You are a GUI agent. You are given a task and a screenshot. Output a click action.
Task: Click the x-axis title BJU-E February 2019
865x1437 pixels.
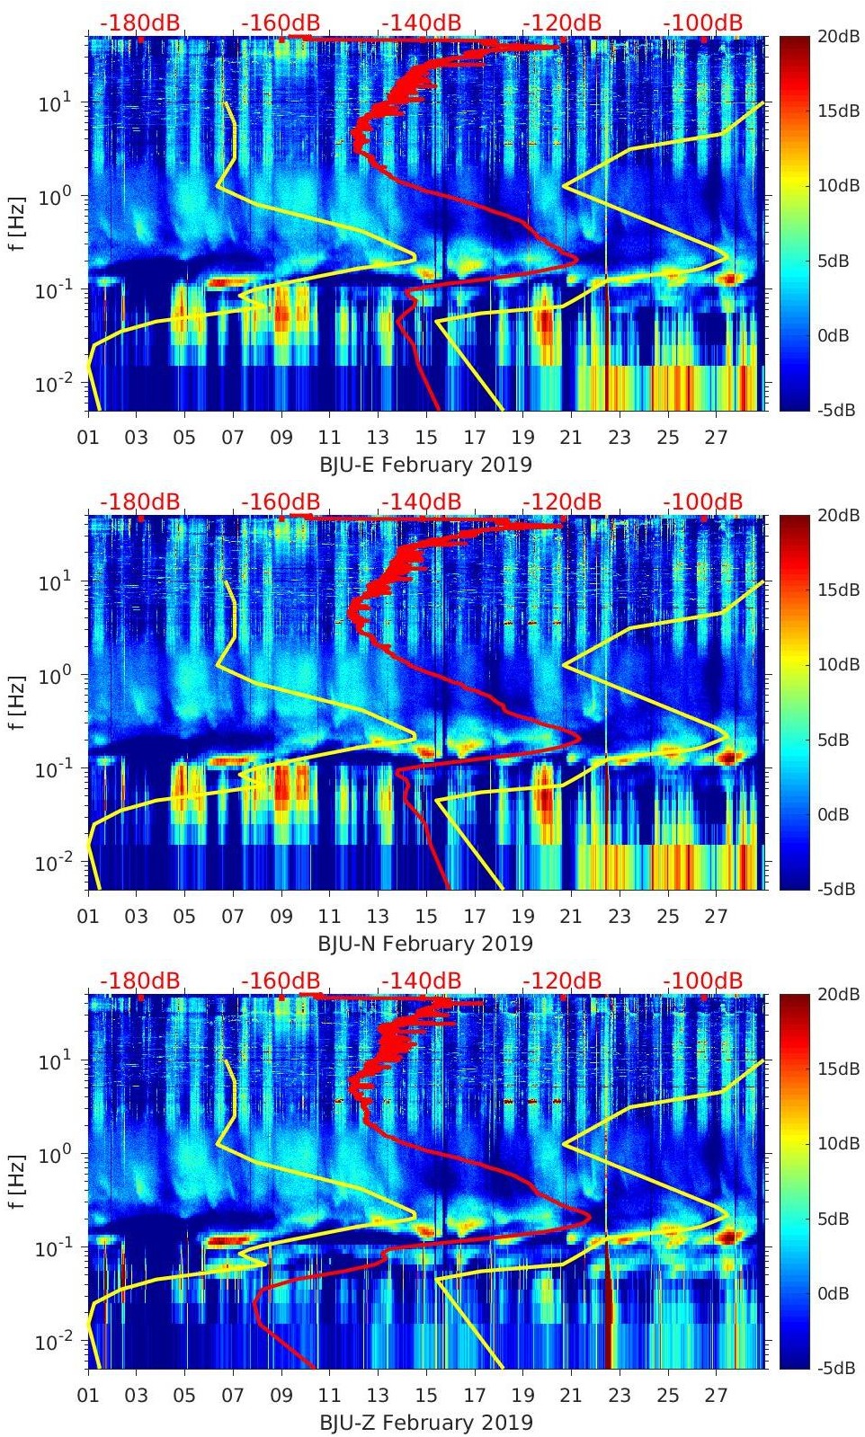(425, 465)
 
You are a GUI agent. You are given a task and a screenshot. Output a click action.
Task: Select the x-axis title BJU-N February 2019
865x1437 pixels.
(425, 944)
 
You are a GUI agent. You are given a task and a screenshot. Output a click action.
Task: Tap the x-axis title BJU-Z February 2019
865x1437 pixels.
(425, 1423)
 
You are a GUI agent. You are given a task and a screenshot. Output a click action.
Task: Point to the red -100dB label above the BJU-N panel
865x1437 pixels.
(702, 501)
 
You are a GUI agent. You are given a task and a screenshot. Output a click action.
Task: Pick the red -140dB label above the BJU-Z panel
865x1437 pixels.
(421, 980)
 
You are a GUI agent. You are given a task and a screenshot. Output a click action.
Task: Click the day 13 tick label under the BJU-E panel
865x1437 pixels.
(378, 438)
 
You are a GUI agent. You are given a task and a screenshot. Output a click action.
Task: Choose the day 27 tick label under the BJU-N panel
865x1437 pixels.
(716, 917)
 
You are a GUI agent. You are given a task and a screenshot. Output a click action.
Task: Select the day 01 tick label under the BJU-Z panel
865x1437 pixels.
(88, 1396)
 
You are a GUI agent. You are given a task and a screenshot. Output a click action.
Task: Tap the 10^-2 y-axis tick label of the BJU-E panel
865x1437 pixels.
(52, 384)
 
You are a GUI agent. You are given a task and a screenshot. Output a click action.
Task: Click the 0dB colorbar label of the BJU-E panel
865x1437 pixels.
(836, 335)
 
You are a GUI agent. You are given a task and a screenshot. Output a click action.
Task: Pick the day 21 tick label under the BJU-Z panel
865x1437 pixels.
(571, 1396)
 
